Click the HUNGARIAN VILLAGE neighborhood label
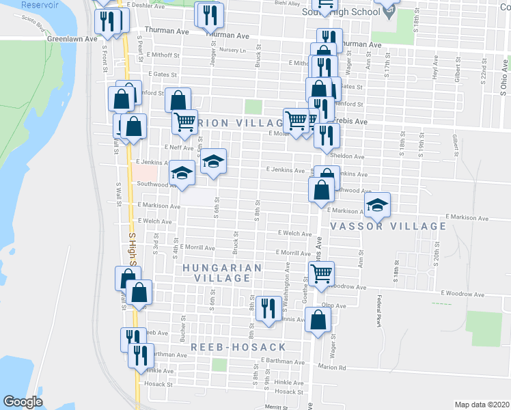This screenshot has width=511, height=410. (222, 273)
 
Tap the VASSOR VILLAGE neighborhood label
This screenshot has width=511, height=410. (388, 226)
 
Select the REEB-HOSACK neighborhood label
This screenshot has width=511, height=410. (238, 347)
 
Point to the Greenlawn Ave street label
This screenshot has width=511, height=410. (69, 40)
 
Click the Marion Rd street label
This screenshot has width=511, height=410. (332, 367)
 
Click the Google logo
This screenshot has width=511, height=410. (23, 402)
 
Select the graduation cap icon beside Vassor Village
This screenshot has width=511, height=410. (377, 204)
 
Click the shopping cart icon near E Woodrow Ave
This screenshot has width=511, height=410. (321, 274)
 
